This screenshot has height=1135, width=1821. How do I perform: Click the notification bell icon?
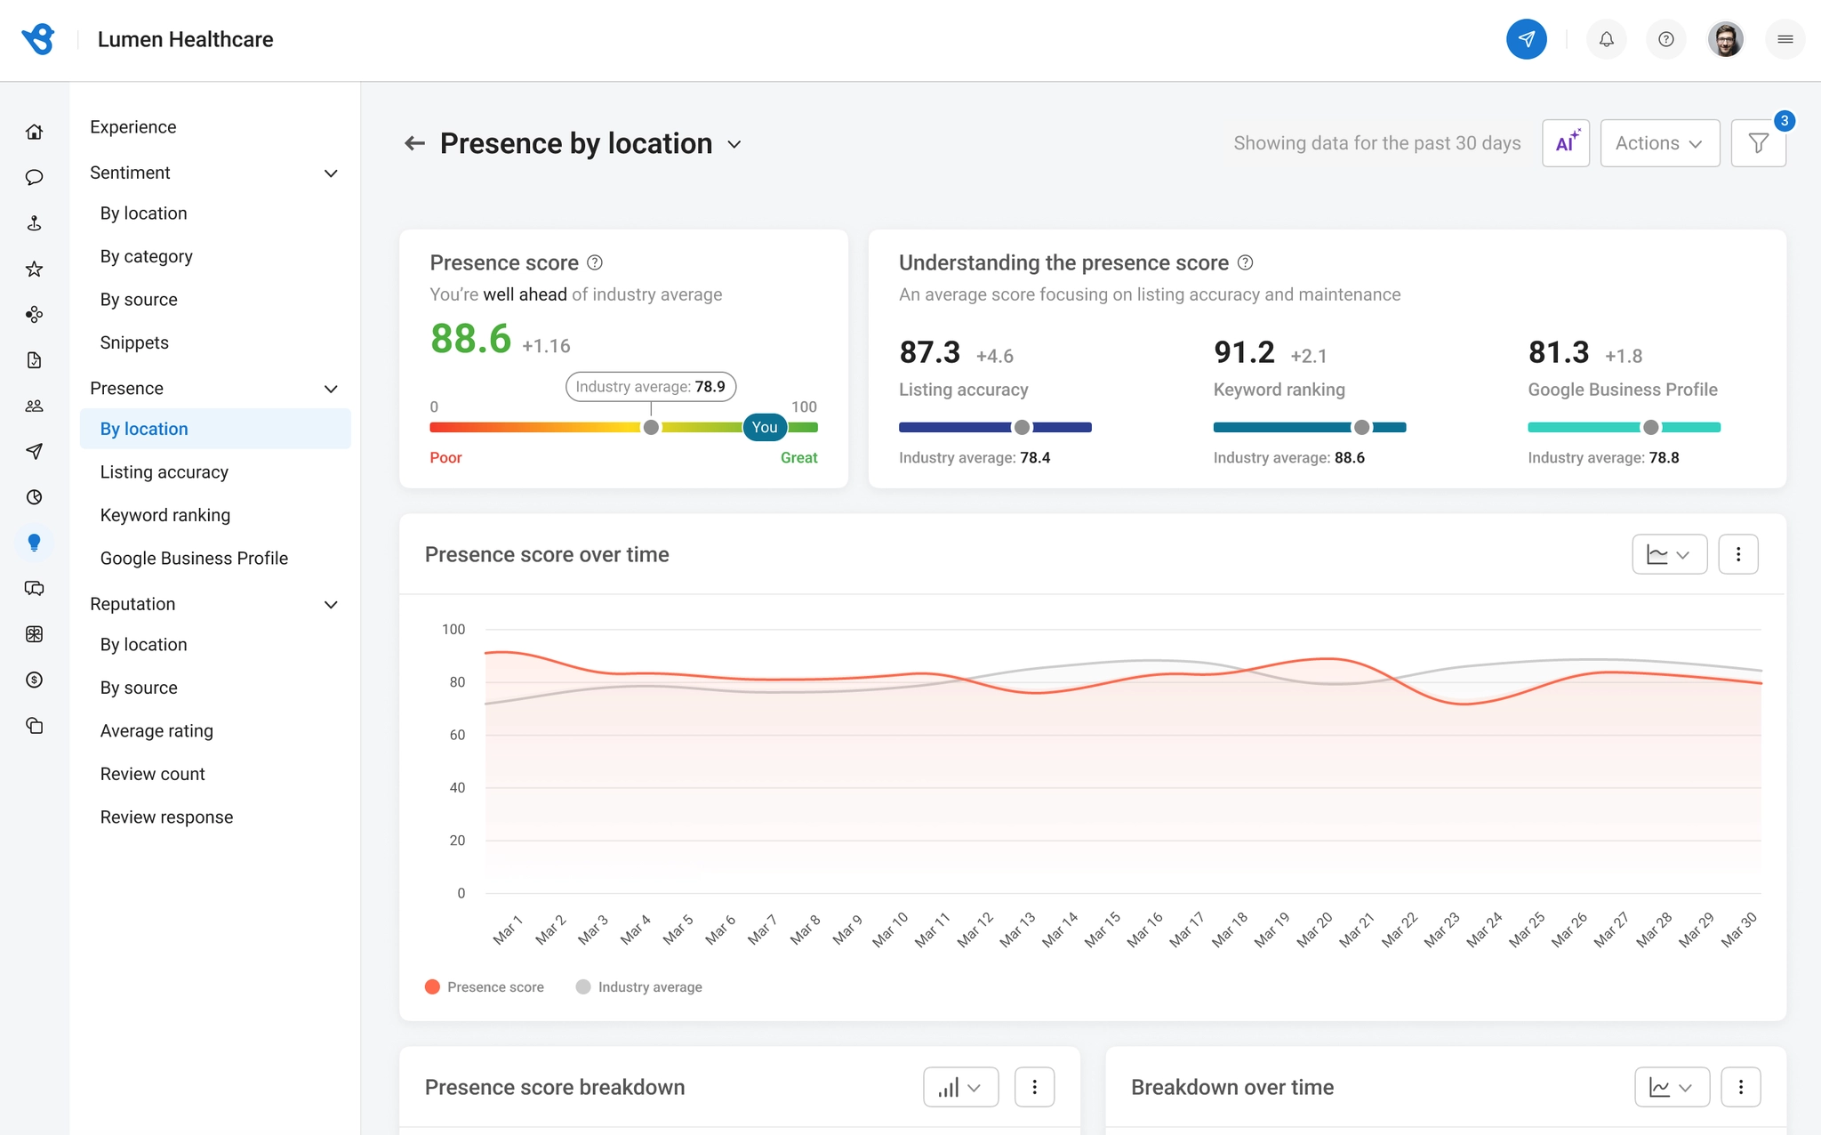[x=1606, y=39]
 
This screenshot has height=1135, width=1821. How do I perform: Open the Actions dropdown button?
[x=1659, y=143]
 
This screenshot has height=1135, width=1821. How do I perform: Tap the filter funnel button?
[x=1758, y=143]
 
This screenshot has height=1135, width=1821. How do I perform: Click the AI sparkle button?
[x=1566, y=143]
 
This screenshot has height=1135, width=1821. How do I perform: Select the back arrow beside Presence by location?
[x=414, y=143]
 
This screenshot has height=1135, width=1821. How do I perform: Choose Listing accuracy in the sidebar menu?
[x=164, y=472]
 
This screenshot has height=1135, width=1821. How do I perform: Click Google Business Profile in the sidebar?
[x=194, y=559]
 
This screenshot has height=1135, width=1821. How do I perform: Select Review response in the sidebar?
[x=166, y=817]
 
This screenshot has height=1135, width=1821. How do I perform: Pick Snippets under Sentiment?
[x=134, y=342]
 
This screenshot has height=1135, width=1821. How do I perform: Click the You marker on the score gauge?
[x=765, y=427]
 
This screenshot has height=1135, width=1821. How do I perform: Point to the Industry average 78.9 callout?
[x=651, y=387]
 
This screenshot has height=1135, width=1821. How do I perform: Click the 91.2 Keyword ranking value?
[x=1244, y=352]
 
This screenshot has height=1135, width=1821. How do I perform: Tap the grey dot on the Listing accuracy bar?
[x=1022, y=428]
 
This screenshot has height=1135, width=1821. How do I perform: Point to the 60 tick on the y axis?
[x=457, y=735]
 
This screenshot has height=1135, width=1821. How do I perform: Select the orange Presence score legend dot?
[x=433, y=987]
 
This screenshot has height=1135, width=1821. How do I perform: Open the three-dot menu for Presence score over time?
[x=1738, y=554]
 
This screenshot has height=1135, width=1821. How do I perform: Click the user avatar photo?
[x=1725, y=39]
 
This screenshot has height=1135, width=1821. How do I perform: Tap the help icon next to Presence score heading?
[x=595, y=262]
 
